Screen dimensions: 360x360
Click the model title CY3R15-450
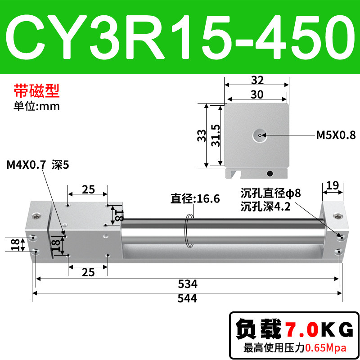pos(180,37)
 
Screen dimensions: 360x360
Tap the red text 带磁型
pos(37,91)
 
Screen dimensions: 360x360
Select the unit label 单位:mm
pos(37,106)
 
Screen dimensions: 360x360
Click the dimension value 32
pos(257,80)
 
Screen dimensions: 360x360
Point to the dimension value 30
pos(257,94)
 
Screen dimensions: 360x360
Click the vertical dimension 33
pos(202,135)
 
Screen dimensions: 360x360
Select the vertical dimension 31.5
pos(216,135)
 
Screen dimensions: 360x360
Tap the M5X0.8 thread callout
pos(336,135)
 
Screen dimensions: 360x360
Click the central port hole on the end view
pos(260,135)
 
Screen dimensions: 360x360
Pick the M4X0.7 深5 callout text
pos(38,165)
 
